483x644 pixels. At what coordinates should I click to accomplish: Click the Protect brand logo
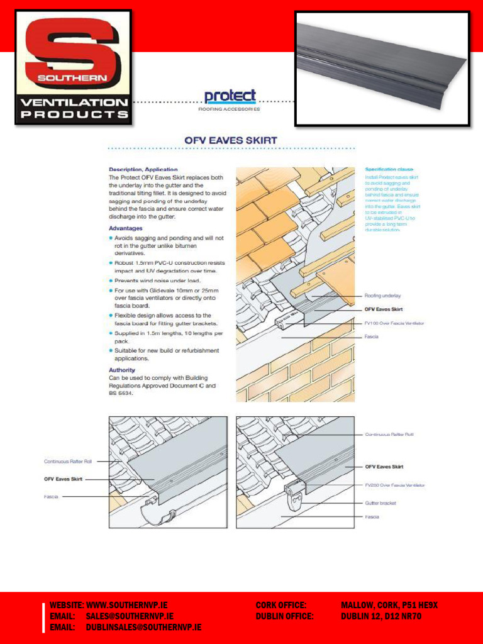pyautogui.click(x=230, y=97)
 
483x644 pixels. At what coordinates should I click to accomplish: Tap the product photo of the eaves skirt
pyautogui.click(x=382, y=68)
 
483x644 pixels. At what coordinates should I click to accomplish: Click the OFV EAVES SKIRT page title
pyautogui.click(x=231, y=140)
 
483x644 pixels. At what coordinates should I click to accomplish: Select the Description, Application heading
pyautogui.click(x=143, y=169)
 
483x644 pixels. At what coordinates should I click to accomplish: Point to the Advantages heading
pyautogui.click(x=126, y=228)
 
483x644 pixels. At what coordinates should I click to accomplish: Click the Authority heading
pyautogui.click(x=122, y=370)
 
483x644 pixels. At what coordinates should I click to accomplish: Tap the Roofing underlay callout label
pyautogui.click(x=382, y=295)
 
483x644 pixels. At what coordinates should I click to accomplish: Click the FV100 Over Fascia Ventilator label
pyautogui.click(x=394, y=323)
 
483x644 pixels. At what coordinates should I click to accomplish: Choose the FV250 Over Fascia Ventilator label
pyautogui.click(x=394, y=485)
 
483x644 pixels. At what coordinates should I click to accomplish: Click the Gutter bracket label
pyautogui.click(x=381, y=503)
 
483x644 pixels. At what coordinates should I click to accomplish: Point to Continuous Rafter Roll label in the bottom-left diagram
pyautogui.click(x=68, y=461)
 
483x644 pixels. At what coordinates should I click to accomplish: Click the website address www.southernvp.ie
pyautogui.click(x=127, y=605)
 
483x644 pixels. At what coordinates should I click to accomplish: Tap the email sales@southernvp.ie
pyautogui.click(x=130, y=616)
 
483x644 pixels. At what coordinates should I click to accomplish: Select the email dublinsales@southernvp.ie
pyautogui.click(x=143, y=628)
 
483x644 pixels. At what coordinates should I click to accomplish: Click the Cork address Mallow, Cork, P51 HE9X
pyautogui.click(x=389, y=605)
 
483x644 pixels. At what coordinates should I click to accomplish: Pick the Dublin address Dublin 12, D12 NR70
pyautogui.click(x=380, y=616)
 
